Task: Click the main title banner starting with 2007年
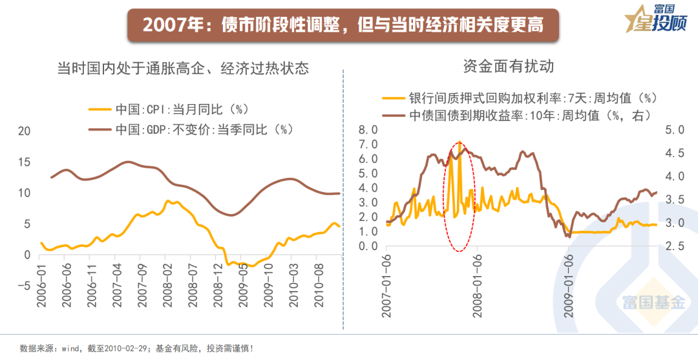[x=343, y=25]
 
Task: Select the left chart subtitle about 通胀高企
[x=183, y=68]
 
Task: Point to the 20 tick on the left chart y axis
[x=24, y=131]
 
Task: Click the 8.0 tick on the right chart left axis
[x=368, y=130]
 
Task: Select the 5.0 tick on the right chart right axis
[x=675, y=130]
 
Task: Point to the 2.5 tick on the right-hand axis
[x=675, y=247]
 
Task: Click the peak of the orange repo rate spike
[x=459, y=142]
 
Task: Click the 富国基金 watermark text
[x=653, y=302]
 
